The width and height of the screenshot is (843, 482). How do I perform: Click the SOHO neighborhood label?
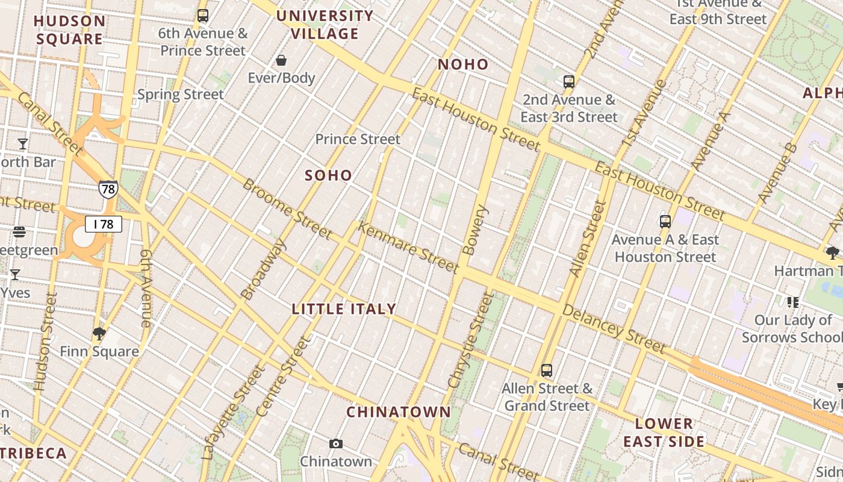[328, 175]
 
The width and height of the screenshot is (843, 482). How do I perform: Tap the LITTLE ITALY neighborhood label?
[344, 309]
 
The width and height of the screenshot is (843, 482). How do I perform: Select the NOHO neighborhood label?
[463, 64]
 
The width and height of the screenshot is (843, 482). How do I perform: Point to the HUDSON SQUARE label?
[69, 30]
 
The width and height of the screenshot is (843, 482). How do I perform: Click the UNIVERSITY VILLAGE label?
[325, 25]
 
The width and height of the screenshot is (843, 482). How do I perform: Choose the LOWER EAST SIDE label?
[664, 433]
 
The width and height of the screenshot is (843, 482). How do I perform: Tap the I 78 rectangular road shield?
[104, 225]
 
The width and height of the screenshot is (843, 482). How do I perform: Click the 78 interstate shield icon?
[108, 190]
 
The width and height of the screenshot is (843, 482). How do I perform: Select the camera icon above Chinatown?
[336, 444]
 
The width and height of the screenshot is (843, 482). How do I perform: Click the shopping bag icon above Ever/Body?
[281, 60]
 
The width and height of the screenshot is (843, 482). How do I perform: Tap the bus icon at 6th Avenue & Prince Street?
[203, 16]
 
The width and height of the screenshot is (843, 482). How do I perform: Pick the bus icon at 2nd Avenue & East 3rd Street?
[569, 82]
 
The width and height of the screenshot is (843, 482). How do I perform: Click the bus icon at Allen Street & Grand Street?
[547, 371]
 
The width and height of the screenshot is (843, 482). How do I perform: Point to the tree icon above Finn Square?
[99, 333]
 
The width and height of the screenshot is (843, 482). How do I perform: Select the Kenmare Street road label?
[408, 247]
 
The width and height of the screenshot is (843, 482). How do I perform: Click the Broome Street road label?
[287, 208]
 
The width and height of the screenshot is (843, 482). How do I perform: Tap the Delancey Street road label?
[614, 328]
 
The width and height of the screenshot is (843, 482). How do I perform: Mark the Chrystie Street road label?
[470, 340]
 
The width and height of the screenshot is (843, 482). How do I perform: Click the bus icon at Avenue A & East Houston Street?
[665, 221]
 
